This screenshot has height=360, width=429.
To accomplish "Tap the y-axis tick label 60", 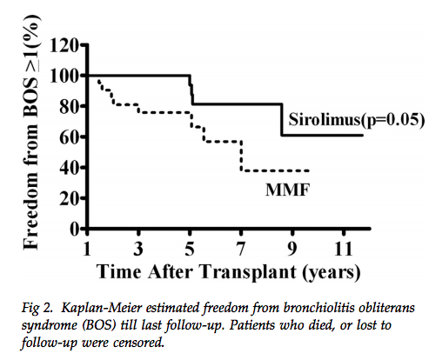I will tap(69, 136).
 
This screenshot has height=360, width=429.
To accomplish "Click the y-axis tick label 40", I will tap(69, 167).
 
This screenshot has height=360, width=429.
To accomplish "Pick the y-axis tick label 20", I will tap(69, 197).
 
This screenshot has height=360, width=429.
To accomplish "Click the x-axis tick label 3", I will tap(139, 247).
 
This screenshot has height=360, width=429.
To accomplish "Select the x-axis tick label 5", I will tap(191, 247).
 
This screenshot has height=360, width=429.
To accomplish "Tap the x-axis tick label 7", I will tap(241, 247).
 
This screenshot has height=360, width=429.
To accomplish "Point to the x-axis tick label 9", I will tap(292, 247).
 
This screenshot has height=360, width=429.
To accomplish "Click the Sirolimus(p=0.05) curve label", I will tap(353, 119).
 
